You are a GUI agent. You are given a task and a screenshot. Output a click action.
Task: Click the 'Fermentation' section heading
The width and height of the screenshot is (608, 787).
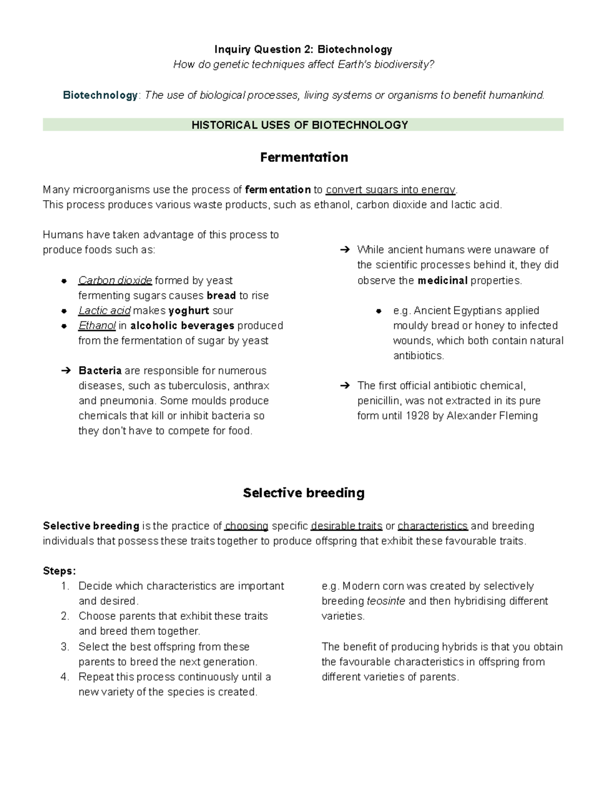tap(303, 158)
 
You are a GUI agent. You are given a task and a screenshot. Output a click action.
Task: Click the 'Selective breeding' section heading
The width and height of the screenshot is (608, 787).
tap(303, 493)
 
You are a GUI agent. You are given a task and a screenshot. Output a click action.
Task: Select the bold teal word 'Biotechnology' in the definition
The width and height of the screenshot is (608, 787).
tap(100, 95)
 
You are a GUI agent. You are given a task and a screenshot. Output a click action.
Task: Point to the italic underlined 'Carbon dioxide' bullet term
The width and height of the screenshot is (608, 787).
tap(115, 281)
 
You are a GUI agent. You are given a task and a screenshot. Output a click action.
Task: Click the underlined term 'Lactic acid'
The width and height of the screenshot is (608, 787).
tap(104, 311)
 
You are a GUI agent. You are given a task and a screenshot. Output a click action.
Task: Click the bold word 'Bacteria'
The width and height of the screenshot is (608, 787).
tap(100, 371)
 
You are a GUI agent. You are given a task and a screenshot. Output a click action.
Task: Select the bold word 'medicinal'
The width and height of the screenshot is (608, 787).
tap(442, 281)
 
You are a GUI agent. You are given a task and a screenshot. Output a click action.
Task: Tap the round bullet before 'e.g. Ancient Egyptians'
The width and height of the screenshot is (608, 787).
tap(379, 311)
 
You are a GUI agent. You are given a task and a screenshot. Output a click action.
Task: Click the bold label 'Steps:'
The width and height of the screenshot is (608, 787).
tap(59, 571)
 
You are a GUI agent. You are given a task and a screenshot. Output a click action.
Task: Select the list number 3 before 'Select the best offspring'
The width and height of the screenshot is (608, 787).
tap(64, 647)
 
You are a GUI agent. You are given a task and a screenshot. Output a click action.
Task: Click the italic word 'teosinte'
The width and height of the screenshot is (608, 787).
tap(386, 602)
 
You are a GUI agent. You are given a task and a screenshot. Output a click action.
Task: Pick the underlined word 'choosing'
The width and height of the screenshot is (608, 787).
tap(246, 526)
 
